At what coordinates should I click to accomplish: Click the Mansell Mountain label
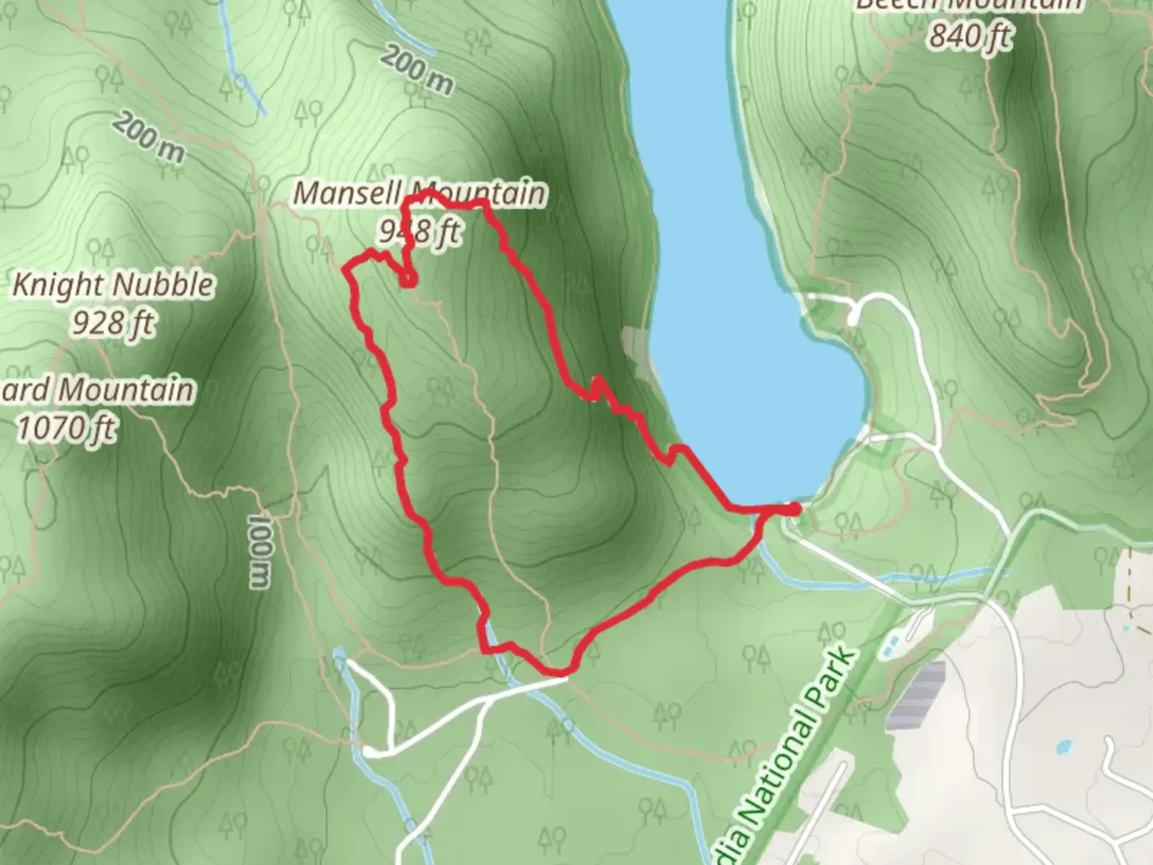(420, 194)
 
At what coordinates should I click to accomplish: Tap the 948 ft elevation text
(420, 231)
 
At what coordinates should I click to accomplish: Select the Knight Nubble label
(113, 285)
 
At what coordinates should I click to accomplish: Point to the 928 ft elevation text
(113, 323)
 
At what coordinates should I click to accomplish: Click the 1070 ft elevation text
(66, 428)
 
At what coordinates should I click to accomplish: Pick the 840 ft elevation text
(970, 36)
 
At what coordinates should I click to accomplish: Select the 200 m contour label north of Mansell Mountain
(416, 70)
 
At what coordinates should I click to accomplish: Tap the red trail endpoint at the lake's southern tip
(795, 508)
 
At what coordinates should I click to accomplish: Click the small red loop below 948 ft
(408, 279)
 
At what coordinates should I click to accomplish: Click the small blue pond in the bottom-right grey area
(1063, 746)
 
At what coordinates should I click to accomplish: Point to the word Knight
(55, 285)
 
